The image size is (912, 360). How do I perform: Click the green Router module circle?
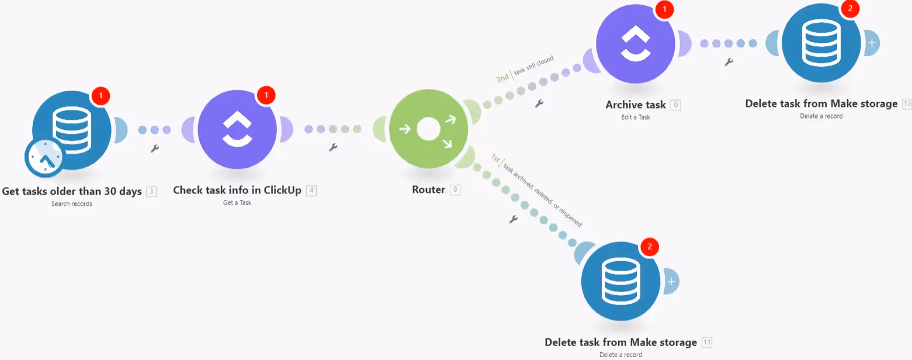pyautogui.click(x=428, y=129)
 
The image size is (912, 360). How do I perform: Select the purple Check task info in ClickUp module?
pyautogui.click(x=237, y=129)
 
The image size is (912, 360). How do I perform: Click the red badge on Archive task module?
pyautogui.click(x=664, y=9)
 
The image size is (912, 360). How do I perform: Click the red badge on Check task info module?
pyautogui.click(x=266, y=95)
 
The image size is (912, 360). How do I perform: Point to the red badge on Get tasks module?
pyautogui.click(x=100, y=95)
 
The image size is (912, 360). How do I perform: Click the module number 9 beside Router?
pyautogui.click(x=455, y=190)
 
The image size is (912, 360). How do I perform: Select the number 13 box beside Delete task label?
pyautogui.click(x=907, y=104)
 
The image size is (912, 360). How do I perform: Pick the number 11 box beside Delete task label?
pyautogui.click(x=706, y=342)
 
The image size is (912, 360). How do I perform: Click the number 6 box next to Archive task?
pyautogui.click(x=676, y=105)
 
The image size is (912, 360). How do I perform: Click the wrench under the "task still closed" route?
pyautogui.click(x=539, y=103)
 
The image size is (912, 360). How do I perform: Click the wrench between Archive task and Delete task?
pyautogui.click(x=729, y=61)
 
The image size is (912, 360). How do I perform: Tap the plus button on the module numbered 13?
pyautogui.click(x=872, y=43)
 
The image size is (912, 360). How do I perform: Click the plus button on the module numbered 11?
pyautogui.click(x=671, y=282)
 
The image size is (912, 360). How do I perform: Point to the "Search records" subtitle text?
pyautogui.click(x=72, y=204)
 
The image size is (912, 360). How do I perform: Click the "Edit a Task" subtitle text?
pyautogui.click(x=635, y=117)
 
